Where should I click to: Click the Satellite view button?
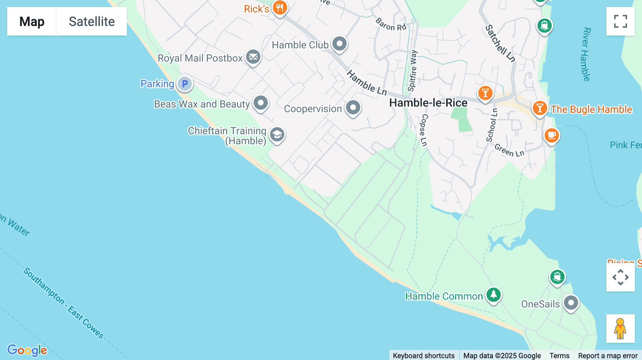click(x=92, y=21)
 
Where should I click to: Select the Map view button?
click(x=32, y=21)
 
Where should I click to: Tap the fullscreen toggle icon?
click(x=620, y=21)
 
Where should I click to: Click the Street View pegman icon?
click(x=620, y=328)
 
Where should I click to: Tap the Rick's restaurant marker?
click(x=280, y=7)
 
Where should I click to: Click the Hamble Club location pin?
click(x=339, y=44)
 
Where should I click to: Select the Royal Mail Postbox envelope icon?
click(x=253, y=57)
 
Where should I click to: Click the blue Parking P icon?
click(x=185, y=84)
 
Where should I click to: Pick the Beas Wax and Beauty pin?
click(x=261, y=103)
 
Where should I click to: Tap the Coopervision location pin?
click(x=353, y=107)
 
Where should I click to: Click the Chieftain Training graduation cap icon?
click(x=277, y=135)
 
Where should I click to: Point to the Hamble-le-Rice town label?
click(x=428, y=103)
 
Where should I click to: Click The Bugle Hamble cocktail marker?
click(x=540, y=108)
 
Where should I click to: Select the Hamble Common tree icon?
click(x=493, y=295)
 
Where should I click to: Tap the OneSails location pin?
click(x=571, y=303)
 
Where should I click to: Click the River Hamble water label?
click(x=586, y=54)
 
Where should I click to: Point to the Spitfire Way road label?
click(x=413, y=71)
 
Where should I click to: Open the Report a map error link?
click(x=608, y=355)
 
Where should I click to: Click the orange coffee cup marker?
click(x=551, y=135)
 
